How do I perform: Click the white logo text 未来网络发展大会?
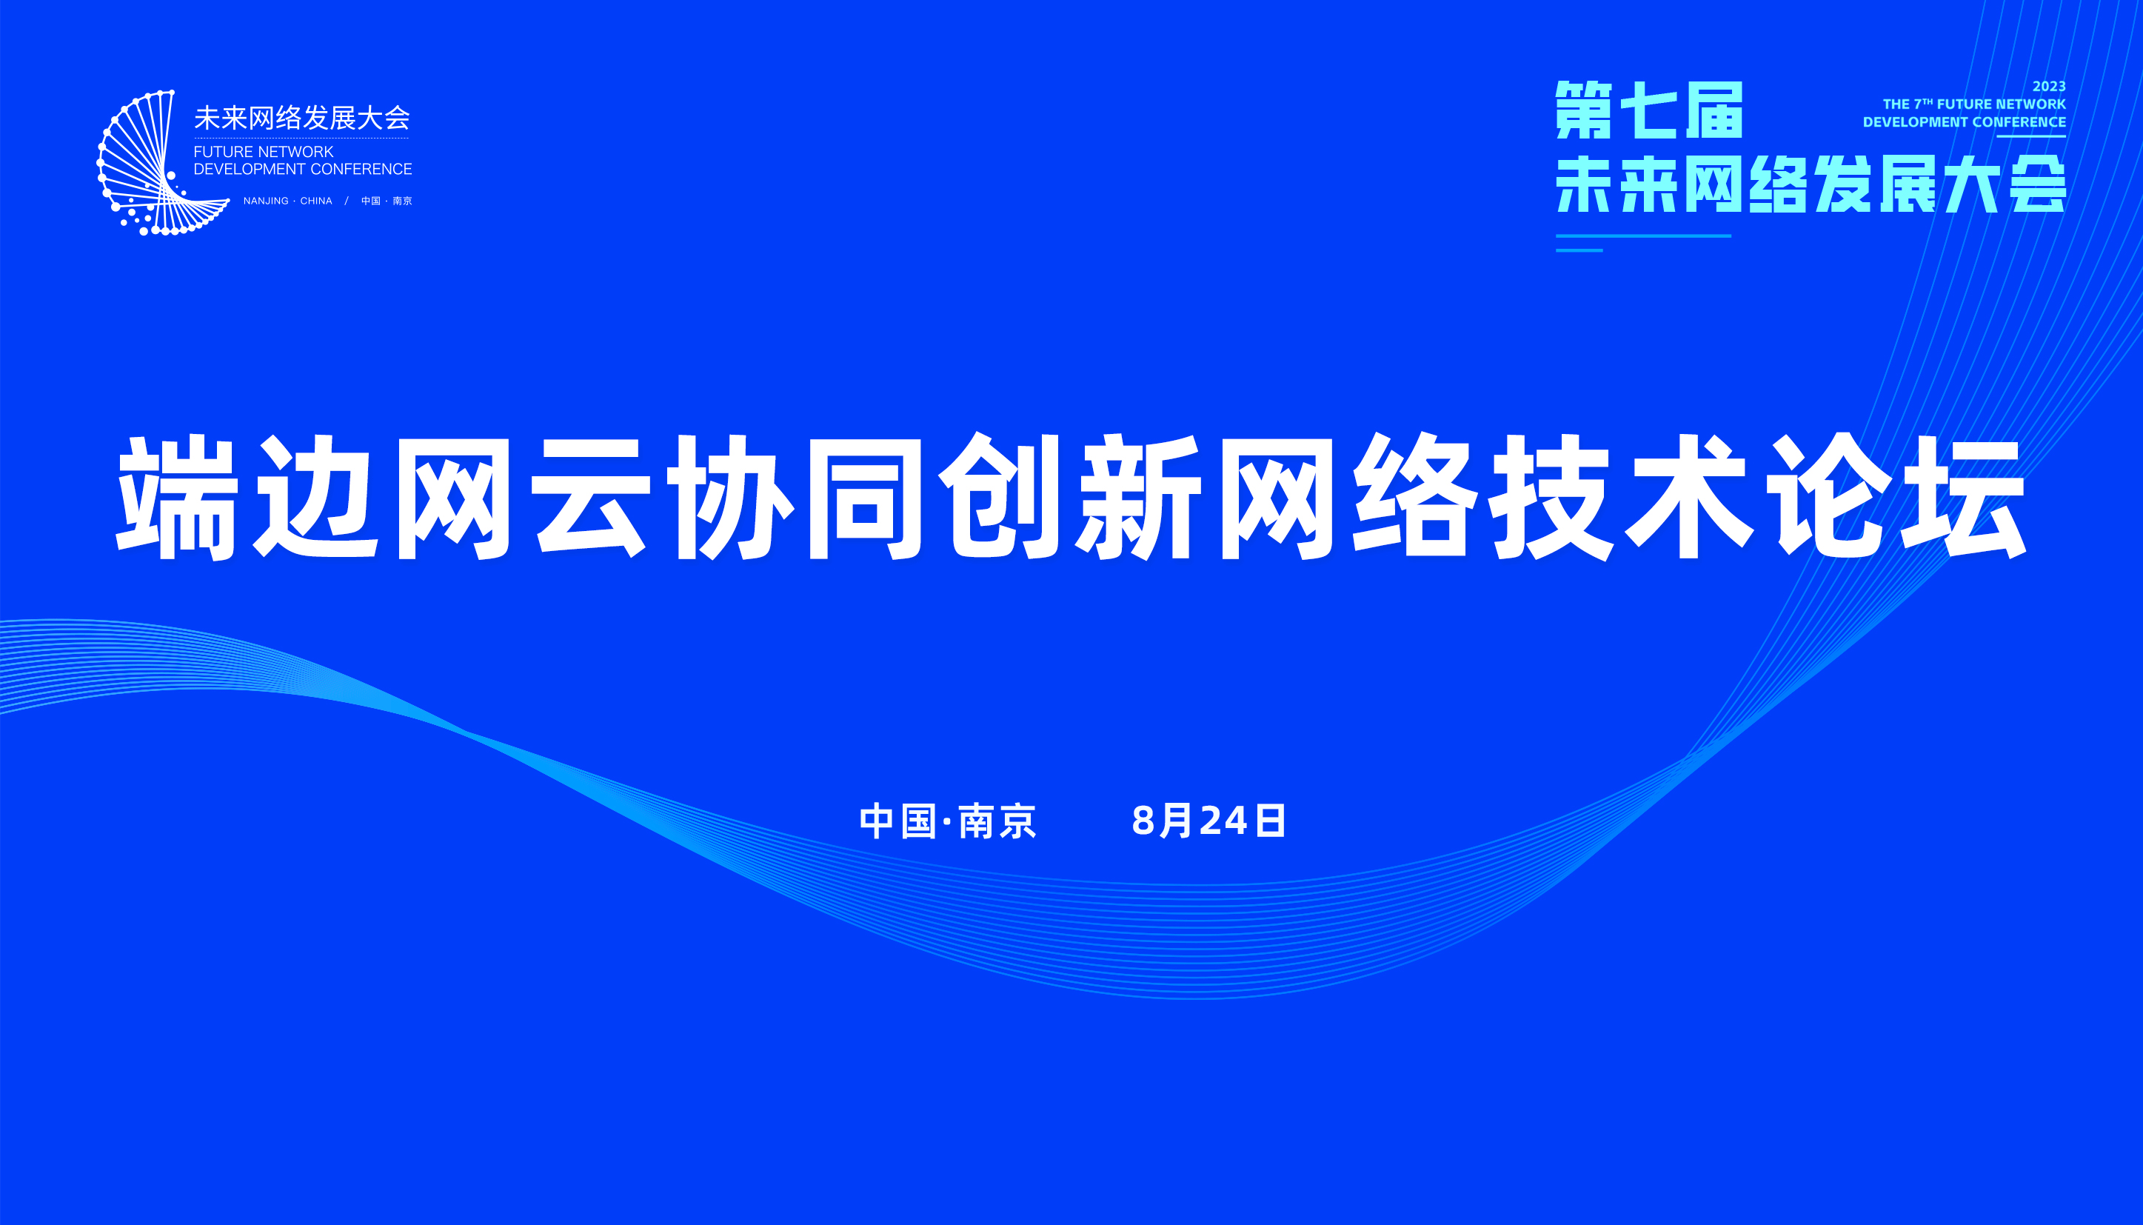[302, 118]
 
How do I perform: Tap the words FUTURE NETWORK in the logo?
[264, 151]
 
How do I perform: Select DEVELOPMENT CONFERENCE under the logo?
[303, 169]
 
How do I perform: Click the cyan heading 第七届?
[1649, 110]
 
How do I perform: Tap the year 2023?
[2049, 87]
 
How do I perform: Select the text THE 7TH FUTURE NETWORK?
[1974, 104]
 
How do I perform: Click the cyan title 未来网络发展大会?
[1811, 184]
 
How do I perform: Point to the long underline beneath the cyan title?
[1643, 236]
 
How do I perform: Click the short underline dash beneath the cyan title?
[1579, 250]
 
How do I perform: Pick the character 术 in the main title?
[1689, 496]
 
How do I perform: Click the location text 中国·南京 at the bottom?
[948, 821]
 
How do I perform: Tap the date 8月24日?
[1208, 821]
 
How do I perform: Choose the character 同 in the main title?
[865, 496]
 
